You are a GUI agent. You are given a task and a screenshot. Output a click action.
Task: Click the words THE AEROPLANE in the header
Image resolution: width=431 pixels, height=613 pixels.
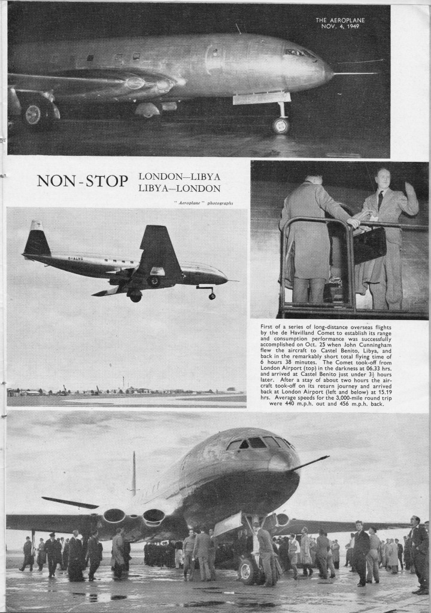click(341, 20)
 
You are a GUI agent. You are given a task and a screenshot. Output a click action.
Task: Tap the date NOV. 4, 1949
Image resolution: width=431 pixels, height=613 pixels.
click(341, 27)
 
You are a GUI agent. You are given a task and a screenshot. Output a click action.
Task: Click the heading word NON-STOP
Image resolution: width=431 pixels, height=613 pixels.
click(82, 180)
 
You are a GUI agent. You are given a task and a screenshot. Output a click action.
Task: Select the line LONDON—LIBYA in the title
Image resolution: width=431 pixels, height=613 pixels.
click(180, 176)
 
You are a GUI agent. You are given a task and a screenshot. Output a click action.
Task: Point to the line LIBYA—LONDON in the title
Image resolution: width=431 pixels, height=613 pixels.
click(180, 187)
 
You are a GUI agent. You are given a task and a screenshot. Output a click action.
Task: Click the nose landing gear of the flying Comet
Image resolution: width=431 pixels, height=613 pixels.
click(210, 293)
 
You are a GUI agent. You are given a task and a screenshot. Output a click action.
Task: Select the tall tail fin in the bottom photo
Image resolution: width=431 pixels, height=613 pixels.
click(133, 473)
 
